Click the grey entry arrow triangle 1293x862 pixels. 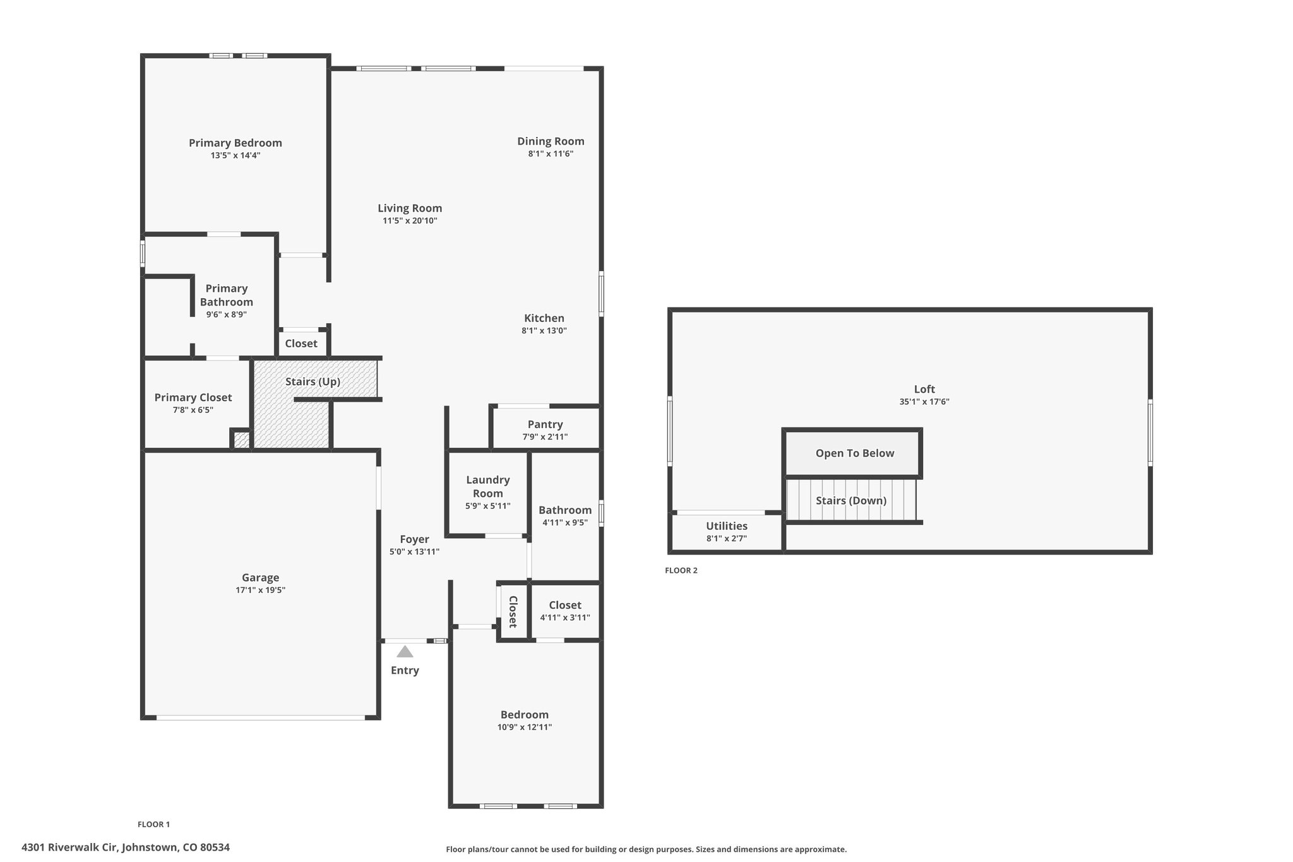[x=405, y=651]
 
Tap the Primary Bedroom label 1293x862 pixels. [x=235, y=143]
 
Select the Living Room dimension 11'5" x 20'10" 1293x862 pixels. [x=410, y=220]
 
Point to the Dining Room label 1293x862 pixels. [x=551, y=141]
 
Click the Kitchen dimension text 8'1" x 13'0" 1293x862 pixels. [x=544, y=330]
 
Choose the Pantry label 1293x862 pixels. [x=545, y=424]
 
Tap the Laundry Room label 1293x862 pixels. [x=488, y=486]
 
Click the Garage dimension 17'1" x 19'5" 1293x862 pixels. [x=260, y=590]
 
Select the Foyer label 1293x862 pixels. [x=414, y=539]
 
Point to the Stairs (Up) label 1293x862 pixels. [x=313, y=381]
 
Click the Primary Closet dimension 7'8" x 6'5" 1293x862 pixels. [x=193, y=410]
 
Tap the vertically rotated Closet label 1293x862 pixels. [x=513, y=611]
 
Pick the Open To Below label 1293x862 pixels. [x=855, y=453]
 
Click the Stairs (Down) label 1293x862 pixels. [x=851, y=501]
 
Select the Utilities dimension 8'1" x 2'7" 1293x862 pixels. [x=727, y=539]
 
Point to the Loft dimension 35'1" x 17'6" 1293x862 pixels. [x=924, y=402]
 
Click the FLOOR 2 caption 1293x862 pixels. [x=681, y=570]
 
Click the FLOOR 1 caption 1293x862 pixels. [x=154, y=824]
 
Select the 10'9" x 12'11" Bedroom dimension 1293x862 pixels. [x=525, y=727]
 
